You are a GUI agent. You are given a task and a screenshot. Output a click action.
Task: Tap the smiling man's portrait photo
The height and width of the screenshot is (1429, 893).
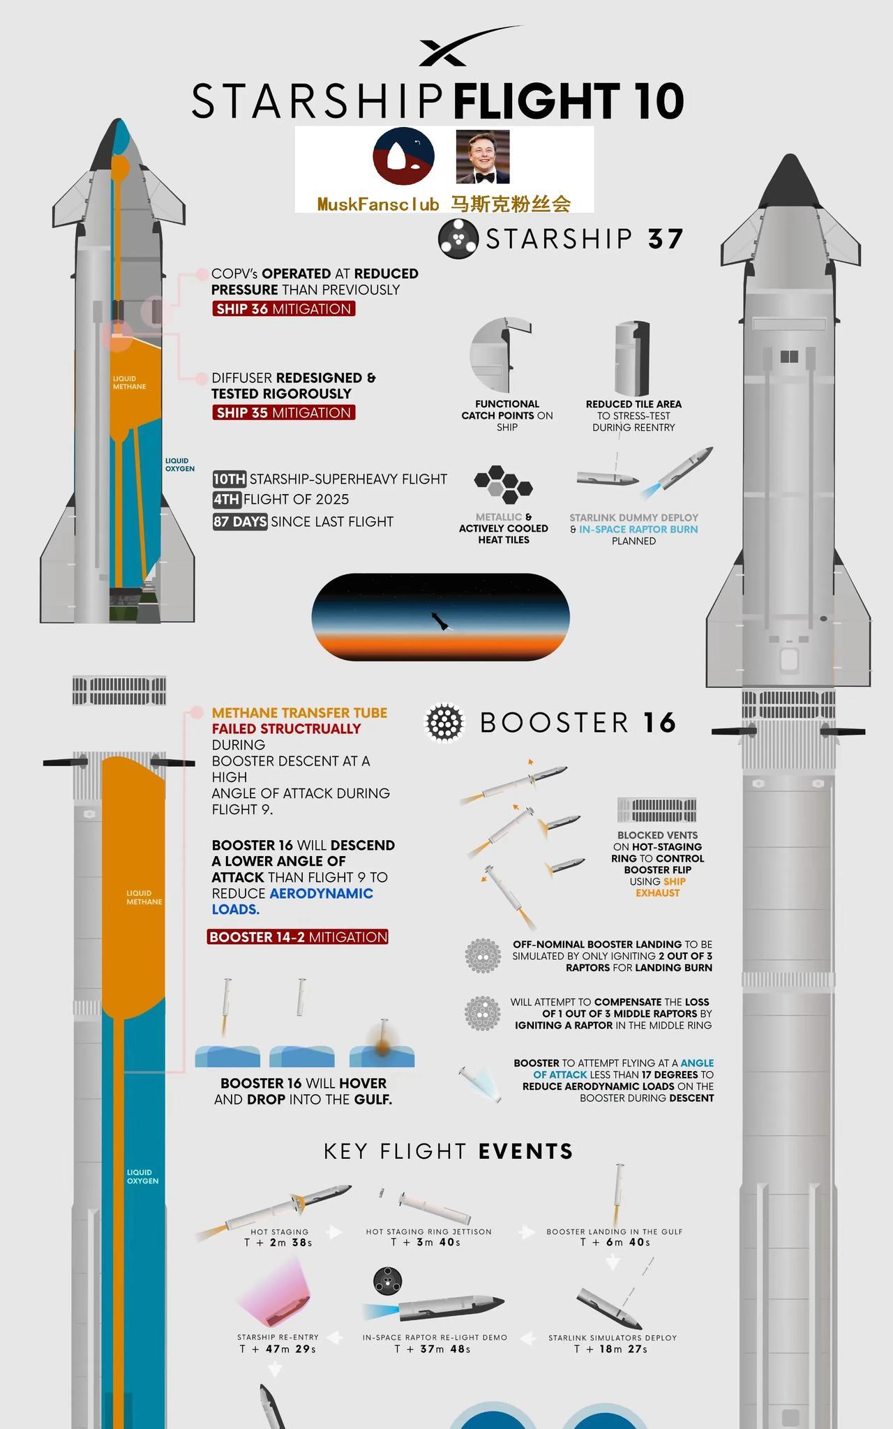pyautogui.click(x=482, y=156)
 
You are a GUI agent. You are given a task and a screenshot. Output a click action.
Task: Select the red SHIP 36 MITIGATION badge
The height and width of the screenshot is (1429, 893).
pyautogui.click(x=284, y=308)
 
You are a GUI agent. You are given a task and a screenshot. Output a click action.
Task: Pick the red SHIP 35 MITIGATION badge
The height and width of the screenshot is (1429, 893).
pyautogui.click(x=284, y=412)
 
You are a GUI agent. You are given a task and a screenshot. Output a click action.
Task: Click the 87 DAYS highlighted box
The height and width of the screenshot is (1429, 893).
pyautogui.click(x=240, y=521)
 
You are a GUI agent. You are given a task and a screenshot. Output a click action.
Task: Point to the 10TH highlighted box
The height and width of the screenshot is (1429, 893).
pyautogui.click(x=230, y=479)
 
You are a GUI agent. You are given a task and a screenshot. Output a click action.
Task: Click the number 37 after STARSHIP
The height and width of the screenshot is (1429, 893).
pyautogui.click(x=665, y=239)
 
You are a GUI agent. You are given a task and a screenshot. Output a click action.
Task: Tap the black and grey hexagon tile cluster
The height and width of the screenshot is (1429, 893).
pyautogui.click(x=503, y=485)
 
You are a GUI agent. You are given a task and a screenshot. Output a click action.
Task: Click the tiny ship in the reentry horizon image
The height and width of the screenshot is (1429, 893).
pyautogui.click(x=440, y=621)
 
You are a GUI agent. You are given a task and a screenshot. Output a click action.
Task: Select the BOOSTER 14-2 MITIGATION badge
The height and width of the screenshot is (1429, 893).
pyautogui.click(x=298, y=936)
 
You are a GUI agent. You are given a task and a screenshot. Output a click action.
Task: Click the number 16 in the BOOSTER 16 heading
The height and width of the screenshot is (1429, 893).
pyautogui.click(x=659, y=723)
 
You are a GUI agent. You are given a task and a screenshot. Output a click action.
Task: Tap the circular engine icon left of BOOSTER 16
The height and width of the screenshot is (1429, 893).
pyautogui.click(x=445, y=723)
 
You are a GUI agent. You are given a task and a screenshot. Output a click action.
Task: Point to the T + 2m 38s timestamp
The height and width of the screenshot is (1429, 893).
pyautogui.click(x=278, y=1243)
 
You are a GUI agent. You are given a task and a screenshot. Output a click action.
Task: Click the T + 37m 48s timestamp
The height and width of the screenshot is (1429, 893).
pyautogui.click(x=433, y=1349)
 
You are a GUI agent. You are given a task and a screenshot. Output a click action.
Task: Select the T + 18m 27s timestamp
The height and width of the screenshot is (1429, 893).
pyautogui.click(x=611, y=1349)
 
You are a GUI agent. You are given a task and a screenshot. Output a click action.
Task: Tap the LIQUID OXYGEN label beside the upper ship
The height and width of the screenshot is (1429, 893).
pyautogui.click(x=179, y=465)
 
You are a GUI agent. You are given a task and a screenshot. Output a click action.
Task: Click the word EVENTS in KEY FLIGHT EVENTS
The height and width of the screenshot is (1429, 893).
pyautogui.click(x=527, y=1151)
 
